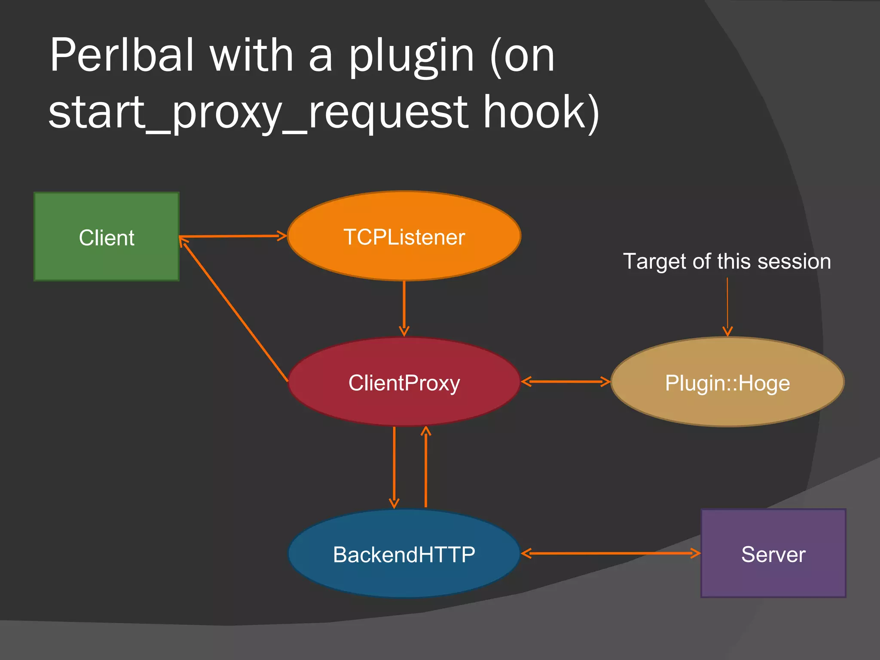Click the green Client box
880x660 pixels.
106,237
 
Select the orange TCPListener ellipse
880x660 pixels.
404,236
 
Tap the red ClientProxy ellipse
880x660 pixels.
404,382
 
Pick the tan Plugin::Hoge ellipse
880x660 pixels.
727,382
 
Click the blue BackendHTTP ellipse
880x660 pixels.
404,553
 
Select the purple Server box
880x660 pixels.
773,553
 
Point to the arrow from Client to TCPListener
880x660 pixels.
232,236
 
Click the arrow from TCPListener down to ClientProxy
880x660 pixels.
404,307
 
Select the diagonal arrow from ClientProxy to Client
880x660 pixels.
234,310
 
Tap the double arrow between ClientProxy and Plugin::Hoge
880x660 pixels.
565,381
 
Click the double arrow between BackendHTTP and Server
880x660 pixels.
610,553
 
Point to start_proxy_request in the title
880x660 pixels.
258,113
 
